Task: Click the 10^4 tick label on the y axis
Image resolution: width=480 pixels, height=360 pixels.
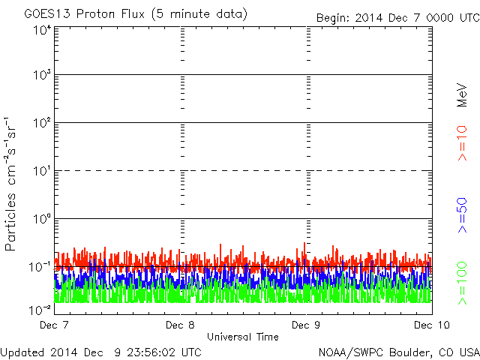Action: coord(42,30)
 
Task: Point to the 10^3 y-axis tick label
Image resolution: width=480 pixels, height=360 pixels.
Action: coord(42,75)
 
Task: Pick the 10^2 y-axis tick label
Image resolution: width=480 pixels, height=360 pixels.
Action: coord(42,122)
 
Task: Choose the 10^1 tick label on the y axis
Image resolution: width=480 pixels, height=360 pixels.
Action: coord(42,170)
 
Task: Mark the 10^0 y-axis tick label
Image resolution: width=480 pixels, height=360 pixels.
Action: coord(42,218)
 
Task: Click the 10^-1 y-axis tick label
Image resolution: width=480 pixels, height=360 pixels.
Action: coord(40,266)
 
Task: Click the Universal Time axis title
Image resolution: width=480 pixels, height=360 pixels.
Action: coord(243,337)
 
